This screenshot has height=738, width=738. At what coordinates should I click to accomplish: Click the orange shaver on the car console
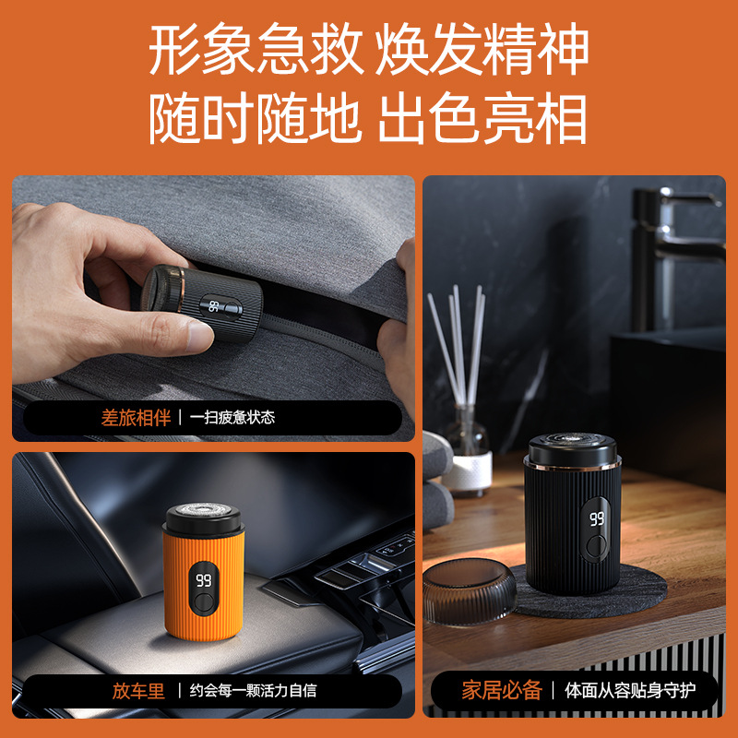pyautogui.click(x=203, y=571)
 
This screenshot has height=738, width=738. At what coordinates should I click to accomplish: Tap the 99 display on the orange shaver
pyautogui.click(x=203, y=581)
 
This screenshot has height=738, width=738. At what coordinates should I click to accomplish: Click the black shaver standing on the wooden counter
pyautogui.click(x=572, y=514)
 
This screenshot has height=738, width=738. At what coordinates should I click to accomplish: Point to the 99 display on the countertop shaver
pyautogui.click(x=597, y=518)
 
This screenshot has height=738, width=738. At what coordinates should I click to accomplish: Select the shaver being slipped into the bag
pyautogui.click(x=202, y=302)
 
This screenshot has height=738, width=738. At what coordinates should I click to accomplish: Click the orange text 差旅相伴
pyautogui.click(x=136, y=418)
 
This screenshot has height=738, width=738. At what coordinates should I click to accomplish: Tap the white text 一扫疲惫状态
pyautogui.click(x=232, y=418)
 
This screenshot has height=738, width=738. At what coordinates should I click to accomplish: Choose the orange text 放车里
pyautogui.click(x=138, y=691)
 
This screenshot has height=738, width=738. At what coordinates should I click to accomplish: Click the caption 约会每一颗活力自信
pyautogui.click(x=253, y=691)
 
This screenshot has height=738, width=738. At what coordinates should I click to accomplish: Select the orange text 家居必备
pyautogui.click(x=502, y=690)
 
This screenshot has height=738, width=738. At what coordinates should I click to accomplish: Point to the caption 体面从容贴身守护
pyautogui.click(x=630, y=690)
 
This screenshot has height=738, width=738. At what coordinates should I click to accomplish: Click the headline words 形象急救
pyautogui.click(x=256, y=49)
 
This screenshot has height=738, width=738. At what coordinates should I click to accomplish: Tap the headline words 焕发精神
pyautogui.click(x=482, y=49)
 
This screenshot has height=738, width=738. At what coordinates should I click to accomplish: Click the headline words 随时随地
pyautogui.click(x=256, y=119)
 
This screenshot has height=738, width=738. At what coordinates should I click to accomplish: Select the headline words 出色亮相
pyautogui.click(x=482, y=119)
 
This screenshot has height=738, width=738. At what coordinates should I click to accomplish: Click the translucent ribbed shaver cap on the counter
pyautogui.click(x=469, y=591)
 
